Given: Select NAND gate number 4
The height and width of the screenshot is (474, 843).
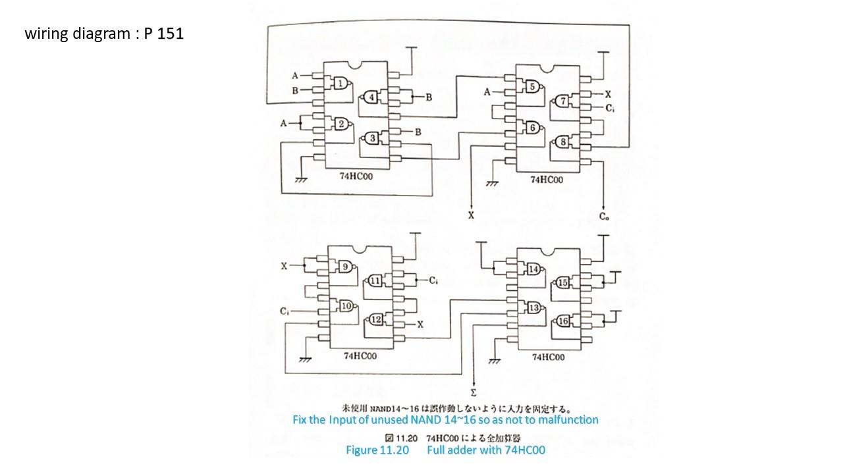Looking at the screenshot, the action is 370,97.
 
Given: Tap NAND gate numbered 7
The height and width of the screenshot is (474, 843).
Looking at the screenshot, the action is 562,101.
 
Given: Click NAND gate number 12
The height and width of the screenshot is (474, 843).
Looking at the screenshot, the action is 375,320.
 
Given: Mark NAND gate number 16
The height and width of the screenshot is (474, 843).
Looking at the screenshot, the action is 562,321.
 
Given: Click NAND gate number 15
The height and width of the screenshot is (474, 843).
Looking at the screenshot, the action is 562,283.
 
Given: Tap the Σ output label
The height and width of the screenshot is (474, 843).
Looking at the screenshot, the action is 474,393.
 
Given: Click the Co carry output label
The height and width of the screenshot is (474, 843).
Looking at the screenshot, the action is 604,217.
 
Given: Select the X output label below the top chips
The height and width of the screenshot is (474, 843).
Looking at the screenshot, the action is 471,215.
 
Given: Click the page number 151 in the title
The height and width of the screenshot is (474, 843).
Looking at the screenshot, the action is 170,34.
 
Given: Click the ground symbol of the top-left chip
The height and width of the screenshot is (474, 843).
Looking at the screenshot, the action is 301,180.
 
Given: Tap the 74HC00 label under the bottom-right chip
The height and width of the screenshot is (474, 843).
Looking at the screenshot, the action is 548,357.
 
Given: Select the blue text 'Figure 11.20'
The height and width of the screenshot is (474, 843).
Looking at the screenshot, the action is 377,450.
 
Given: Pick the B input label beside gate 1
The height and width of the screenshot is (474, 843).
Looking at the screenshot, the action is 295,91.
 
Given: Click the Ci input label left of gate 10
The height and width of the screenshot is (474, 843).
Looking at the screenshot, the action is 284,311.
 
